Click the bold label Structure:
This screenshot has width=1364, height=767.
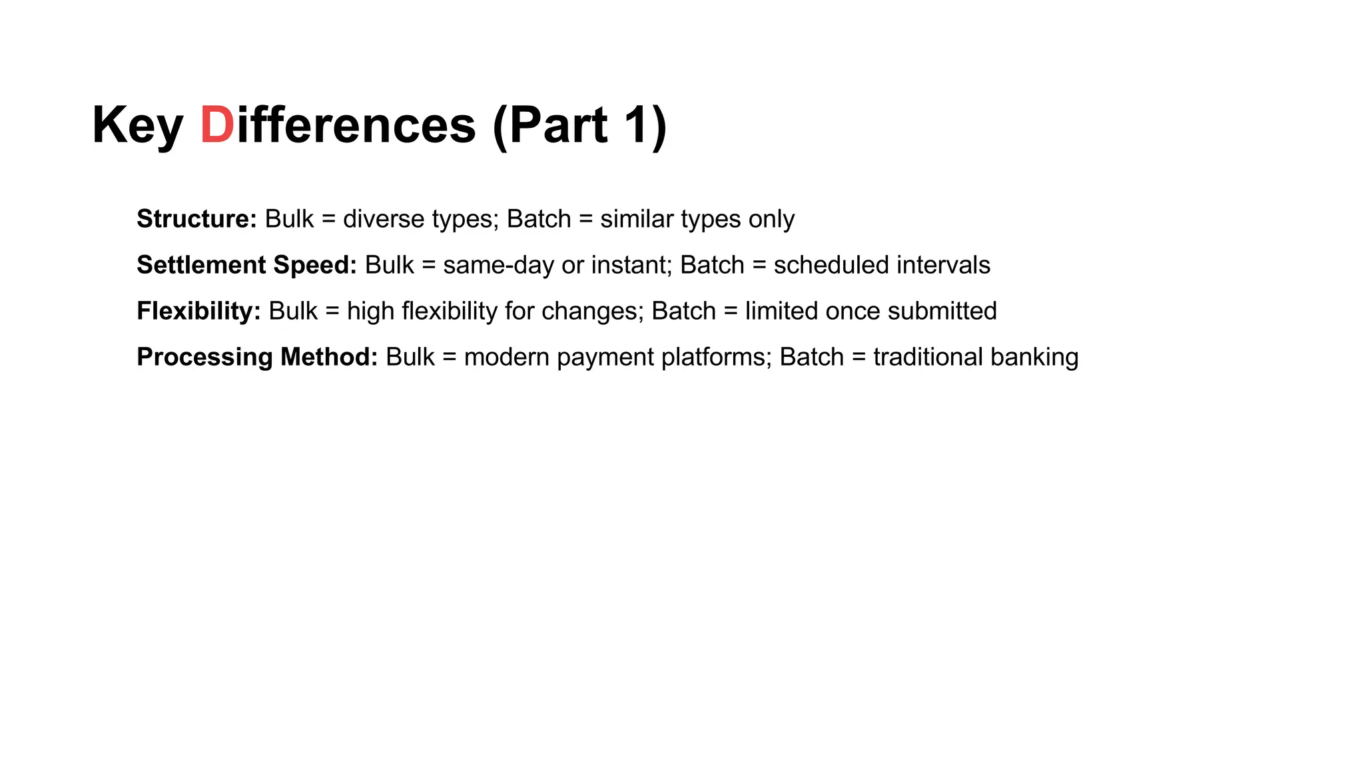tap(196, 219)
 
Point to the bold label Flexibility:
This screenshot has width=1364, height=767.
tap(198, 311)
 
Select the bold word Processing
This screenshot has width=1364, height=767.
tap(204, 357)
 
